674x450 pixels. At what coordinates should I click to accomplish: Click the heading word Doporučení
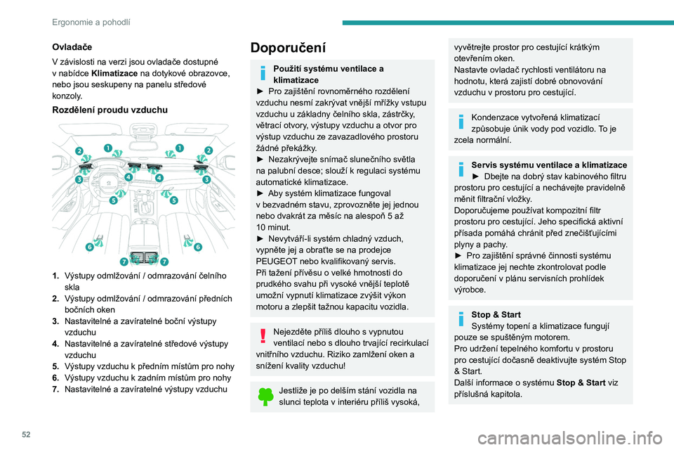pyautogui.click(x=288, y=49)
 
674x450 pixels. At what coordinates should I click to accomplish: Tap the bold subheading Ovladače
pyautogui.click(x=67, y=47)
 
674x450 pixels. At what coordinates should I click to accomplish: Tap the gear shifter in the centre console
pyautogui.click(x=144, y=232)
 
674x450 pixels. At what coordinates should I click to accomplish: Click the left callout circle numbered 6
pyautogui.click(x=89, y=247)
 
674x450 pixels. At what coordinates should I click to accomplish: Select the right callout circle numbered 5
pyautogui.click(x=173, y=200)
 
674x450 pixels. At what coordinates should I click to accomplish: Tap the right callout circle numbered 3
pyautogui.click(x=206, y=180)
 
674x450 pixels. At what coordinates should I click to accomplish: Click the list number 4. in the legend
pyautogui.click(x=56, y=343)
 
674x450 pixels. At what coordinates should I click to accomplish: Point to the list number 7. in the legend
pyautogui.click(x=56, y=389)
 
